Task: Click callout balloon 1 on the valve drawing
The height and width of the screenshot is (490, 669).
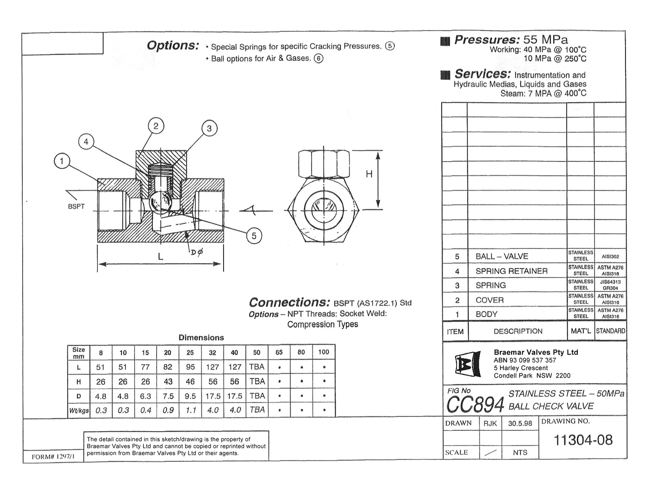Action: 62,161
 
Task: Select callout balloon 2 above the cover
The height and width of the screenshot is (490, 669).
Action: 156,126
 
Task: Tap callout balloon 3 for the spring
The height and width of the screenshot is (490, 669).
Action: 209,128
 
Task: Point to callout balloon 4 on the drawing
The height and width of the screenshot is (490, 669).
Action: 86,142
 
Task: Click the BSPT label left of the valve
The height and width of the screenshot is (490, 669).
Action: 76,206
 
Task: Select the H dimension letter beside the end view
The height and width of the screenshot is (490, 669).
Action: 369,174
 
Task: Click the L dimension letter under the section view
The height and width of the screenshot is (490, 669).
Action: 160,256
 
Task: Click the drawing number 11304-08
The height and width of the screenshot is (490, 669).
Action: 583,440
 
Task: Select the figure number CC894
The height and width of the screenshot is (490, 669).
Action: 475,405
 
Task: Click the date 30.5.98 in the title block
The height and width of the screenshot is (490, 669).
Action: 520,423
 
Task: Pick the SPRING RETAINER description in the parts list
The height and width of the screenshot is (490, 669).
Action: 511,271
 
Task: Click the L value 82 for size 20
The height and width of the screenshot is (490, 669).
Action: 168,367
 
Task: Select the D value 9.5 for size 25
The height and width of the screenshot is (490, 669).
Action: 190,396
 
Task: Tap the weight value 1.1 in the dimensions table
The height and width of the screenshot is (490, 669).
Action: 190,410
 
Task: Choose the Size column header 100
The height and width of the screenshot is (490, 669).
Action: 324,352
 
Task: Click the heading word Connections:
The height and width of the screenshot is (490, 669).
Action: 289,302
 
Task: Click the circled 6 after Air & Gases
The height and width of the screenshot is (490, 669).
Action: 319,58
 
